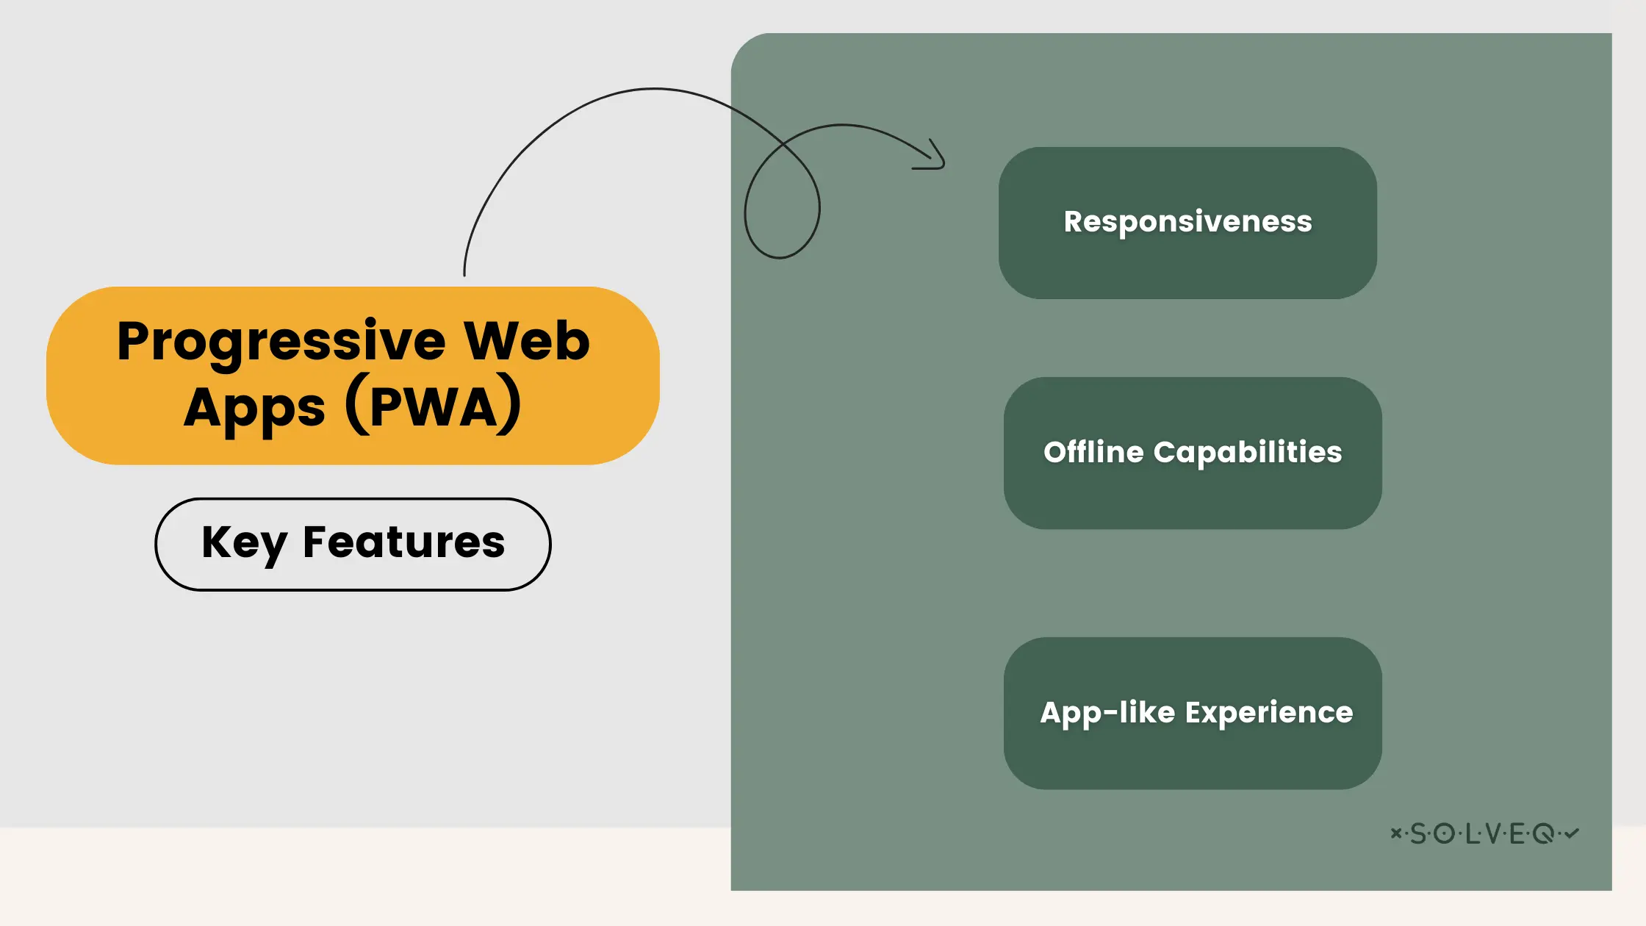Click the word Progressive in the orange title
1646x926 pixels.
281,342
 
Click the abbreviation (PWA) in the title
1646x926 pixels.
434,405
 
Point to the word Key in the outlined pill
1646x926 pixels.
244,545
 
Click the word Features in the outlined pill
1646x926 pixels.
404,542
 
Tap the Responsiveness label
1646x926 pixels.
1187,222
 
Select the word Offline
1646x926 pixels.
1093,451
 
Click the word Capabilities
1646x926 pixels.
1248,453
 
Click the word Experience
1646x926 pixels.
1269,713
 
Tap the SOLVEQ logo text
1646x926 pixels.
1484,833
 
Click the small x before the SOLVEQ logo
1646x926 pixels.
1395,833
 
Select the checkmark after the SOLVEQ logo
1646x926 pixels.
1572,833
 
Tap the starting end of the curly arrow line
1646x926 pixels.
464,276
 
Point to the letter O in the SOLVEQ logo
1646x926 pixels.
1445,833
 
